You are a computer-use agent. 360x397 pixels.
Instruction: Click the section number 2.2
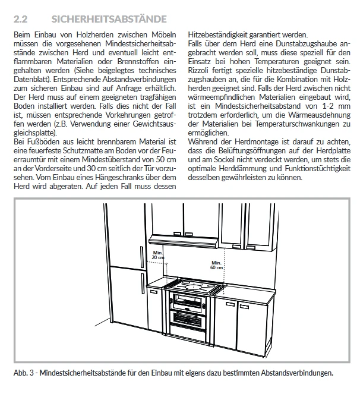pyautogui.click(x=20, y=19)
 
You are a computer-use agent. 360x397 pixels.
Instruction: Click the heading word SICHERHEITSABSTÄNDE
pyautogui.click(x=109, y=19)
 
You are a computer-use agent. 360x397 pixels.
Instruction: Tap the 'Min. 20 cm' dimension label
pyautogui.click(x=158, y=254)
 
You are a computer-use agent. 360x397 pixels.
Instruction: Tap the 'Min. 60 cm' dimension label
pyautogui.click(x=217, y=264)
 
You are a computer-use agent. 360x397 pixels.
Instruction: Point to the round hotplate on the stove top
pyautogui.click(x=193, y=286)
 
